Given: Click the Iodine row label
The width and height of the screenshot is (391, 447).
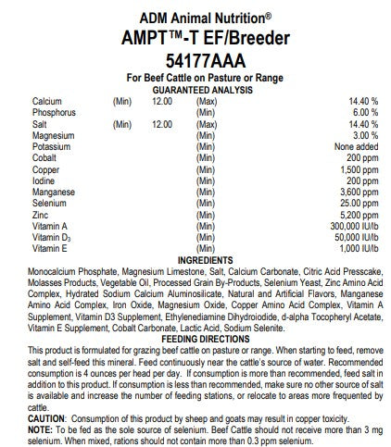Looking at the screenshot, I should (x=44, y=180).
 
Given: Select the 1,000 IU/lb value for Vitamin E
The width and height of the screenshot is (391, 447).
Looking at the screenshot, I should (x=351, y=248).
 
